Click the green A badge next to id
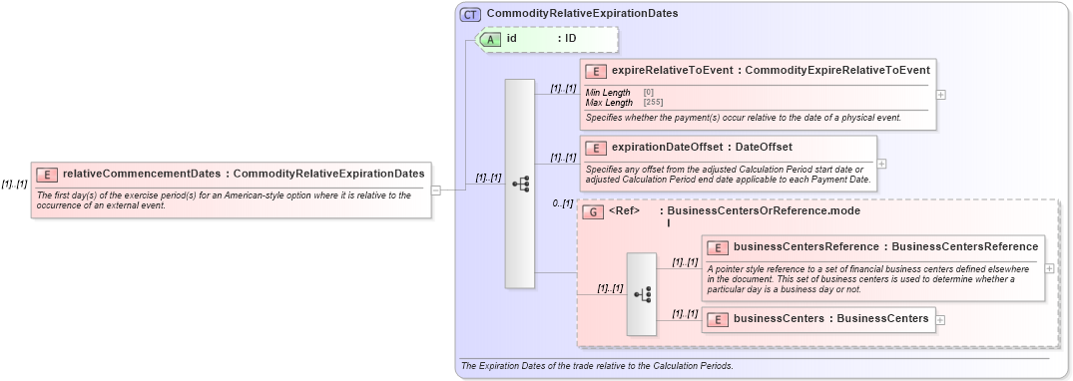click(491, 39)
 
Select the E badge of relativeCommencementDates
click(47, 175)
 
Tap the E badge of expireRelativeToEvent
click(596, 71)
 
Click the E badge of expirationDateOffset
click(596, 148)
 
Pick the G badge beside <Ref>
click(592, 212)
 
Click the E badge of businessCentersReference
click(718, 247)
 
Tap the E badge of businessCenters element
click(718, 319)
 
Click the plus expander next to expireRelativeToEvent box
click(941, 95)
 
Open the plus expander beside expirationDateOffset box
click(881, 164)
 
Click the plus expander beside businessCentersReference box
click(1049, 267)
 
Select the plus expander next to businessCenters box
click(940, 319)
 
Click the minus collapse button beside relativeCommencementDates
click(435, 190)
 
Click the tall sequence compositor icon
click(520, 184)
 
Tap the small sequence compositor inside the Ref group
click(641, 294)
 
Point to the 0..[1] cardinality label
click(563, 204)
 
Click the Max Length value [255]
click(653, 102)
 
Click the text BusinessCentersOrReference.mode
click(763, 211)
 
